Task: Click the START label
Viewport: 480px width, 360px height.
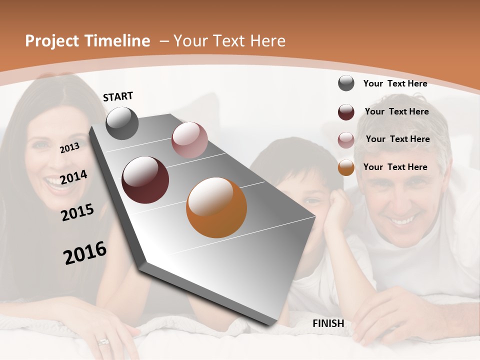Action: click(118, 96)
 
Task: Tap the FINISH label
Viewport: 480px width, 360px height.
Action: click(328, 323)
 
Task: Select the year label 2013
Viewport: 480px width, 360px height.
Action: click(69, 147)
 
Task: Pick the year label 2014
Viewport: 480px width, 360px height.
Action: click(73, 177)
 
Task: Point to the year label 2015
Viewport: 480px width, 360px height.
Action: click(77, 212)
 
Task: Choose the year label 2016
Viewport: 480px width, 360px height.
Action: click(85, 252)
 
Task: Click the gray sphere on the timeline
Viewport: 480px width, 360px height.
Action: click(122, 123)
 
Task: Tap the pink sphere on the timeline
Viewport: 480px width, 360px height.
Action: click(189, 140)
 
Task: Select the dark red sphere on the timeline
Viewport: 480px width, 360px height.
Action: click(145, 180)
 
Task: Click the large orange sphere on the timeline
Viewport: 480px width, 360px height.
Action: click(216, 207)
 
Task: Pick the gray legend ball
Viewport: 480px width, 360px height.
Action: click(346, 83)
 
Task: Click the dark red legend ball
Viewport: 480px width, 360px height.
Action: click(346, 112)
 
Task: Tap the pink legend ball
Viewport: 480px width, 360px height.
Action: click(346, 140)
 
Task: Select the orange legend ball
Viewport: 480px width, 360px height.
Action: click(346, 167)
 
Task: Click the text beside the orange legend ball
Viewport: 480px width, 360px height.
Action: click(395, 167)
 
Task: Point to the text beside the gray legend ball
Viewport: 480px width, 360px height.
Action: click(395, 83)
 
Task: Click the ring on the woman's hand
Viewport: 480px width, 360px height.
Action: click(103, 341)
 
